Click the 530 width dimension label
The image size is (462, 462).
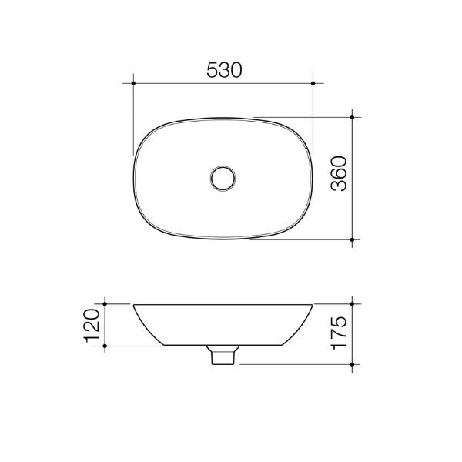224,69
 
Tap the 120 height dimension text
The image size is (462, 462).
92,326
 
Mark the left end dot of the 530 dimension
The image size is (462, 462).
134,82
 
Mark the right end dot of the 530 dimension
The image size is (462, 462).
314,82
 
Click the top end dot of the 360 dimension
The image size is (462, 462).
353,117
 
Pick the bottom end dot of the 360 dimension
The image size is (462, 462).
353,239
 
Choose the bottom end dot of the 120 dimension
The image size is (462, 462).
104,347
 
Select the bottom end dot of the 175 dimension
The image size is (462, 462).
353,363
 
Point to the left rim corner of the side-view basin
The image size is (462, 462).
134,305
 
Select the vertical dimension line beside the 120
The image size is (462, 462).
104,326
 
